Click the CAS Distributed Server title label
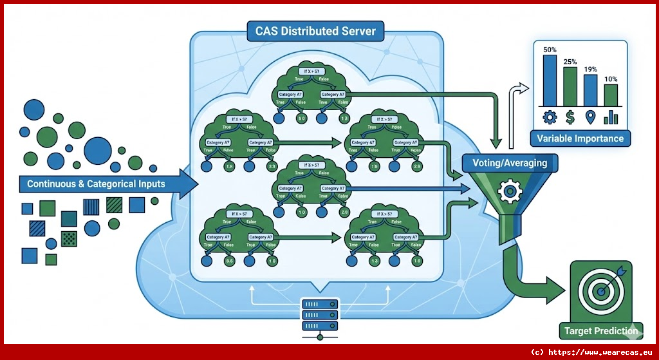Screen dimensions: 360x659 point(315,30)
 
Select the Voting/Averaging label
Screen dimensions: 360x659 point(510,163)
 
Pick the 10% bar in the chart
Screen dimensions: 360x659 point(611,94)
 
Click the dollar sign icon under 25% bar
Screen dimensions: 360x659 point(570,117)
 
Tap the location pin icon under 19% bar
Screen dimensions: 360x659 point(590,117)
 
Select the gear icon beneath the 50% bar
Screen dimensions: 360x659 point(550,117)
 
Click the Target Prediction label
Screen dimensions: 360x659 point(601,331)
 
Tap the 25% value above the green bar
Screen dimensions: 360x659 point(570,62)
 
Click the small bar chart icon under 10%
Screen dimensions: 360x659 point(611,117)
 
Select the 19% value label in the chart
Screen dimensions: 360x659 point(590,69)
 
